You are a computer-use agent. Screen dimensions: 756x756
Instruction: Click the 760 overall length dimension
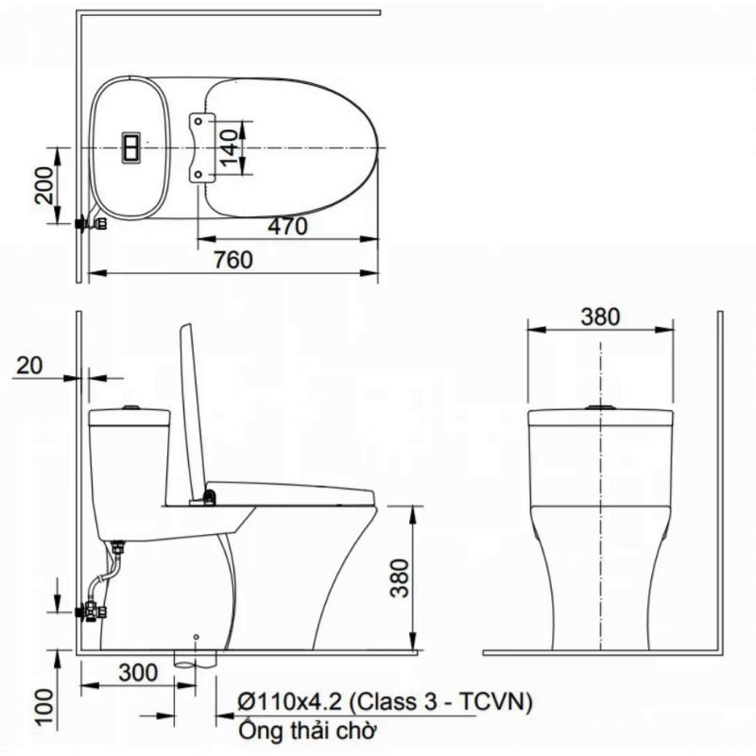point(233,261)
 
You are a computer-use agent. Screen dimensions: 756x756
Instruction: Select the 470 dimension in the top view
point(288,227)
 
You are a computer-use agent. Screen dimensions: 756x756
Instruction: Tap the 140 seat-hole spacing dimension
point(231,146)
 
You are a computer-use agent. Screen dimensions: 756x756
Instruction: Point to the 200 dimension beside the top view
point(44,185)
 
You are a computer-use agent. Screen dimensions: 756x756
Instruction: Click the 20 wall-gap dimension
point(29,366)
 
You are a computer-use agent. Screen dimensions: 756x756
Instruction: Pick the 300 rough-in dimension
point(138,673)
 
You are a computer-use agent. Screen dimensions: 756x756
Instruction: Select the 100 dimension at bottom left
point(44,707)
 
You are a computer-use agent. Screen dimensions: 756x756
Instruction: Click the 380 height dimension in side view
point(400,578)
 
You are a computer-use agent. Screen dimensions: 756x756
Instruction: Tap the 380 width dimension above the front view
point(600,317)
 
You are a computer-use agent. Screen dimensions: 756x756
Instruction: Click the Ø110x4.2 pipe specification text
point(386,701)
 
